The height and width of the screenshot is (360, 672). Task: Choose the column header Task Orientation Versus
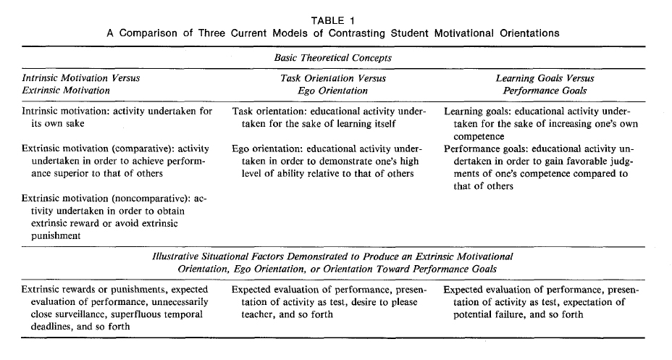(x=333, y=78)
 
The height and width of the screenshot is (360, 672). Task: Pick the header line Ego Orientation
(x=333, y=91)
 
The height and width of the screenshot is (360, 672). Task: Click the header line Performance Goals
(x=545, y=91)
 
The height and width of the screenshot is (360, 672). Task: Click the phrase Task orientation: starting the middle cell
(x=269, y=112)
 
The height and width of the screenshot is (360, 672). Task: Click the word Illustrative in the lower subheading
(x=178, y=256)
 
